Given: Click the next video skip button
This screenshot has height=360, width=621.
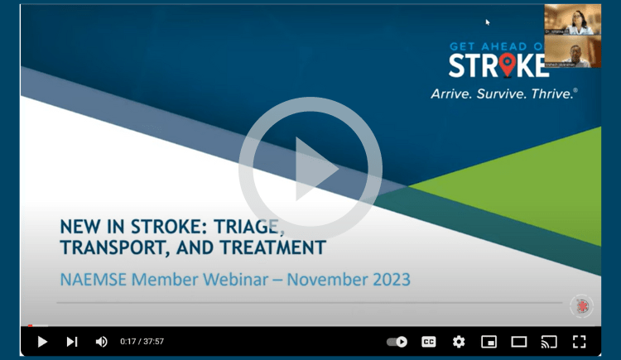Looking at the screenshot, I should pyautogui.click(x=72, y=341).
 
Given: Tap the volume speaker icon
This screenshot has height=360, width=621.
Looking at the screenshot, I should pyautogui.click(x=101, y=341).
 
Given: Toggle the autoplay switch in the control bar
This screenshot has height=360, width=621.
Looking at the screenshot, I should pyautogui.click(x=397, y=341).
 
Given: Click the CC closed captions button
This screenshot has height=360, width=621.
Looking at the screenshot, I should pyautogui.click(x=429, y=341).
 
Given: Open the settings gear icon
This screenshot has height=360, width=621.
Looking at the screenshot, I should pyautogui.click(x=459, y=341).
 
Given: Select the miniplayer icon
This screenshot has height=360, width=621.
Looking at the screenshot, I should pyautogui.click(x=489, y=341).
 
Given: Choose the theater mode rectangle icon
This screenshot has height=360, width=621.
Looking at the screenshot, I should pyautogui.click(x=519, y=341).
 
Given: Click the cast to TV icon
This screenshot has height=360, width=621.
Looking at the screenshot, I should pyautogui.click(x=549, y=341).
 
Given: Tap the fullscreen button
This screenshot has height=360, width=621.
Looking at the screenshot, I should pyautogui.click(x=580, y=341).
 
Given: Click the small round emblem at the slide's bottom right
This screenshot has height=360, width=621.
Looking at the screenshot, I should pyautogui.click(x=581, y=305).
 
